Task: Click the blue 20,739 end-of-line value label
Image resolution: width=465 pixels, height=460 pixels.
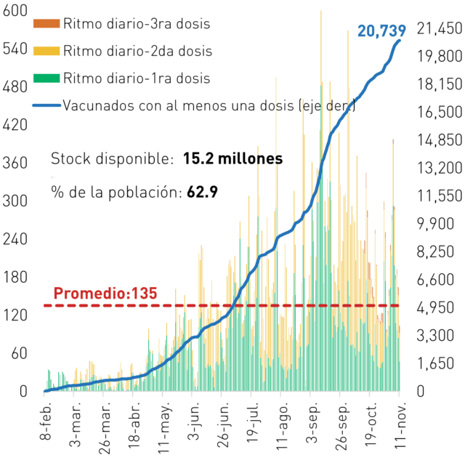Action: click(381, 31)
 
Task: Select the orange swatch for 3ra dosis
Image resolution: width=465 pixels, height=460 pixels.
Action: click(46, 23)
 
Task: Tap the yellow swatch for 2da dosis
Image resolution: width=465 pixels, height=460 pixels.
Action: click(46, 51)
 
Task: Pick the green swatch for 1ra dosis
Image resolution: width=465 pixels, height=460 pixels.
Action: click(46, 78)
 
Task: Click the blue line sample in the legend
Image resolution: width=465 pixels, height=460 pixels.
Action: click(46, 105)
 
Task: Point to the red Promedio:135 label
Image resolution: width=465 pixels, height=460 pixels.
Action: click(105, 294)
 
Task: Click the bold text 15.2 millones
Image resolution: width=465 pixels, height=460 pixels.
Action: click(233, 158)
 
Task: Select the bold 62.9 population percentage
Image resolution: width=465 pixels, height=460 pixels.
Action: click(203, 192)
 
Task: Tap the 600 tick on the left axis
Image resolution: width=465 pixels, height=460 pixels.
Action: click(15, 11)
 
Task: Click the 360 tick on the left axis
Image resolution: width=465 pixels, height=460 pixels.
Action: click(15, 163)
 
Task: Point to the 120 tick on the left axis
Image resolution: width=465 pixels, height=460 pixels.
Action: click(15, 315)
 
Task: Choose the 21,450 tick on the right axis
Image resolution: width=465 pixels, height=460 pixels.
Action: click(440, 29)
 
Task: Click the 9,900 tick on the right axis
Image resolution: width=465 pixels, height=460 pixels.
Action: click(435, 224)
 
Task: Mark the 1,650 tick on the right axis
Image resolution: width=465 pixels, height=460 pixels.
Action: click(435, 363)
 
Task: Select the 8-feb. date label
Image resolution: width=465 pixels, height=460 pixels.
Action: click(45, 421)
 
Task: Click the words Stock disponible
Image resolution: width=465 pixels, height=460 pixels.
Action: click(112, 158)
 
